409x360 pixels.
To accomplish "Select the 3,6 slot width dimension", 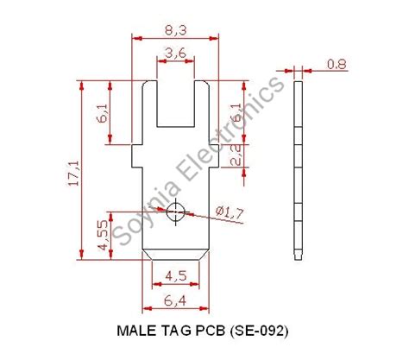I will [x=174, y=54].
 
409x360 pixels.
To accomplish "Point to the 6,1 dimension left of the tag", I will [x=104, y=112].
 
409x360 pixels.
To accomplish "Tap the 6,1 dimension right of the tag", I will [x=236, y=112].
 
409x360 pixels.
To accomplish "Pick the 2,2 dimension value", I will [x=236, y=155].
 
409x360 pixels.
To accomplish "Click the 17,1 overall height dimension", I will [x=73, y=170].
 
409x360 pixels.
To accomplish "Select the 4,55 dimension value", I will [x=104, y=234].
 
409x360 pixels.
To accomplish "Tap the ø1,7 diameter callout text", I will [x=228, y=212].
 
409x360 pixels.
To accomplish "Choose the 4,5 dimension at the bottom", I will [x=174, y=277].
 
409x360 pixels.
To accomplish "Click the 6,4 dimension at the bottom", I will [x=174, y=300].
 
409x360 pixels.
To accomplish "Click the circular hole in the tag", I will [x=175, y=211].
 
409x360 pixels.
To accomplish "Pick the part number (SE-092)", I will [x=260, y=331].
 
